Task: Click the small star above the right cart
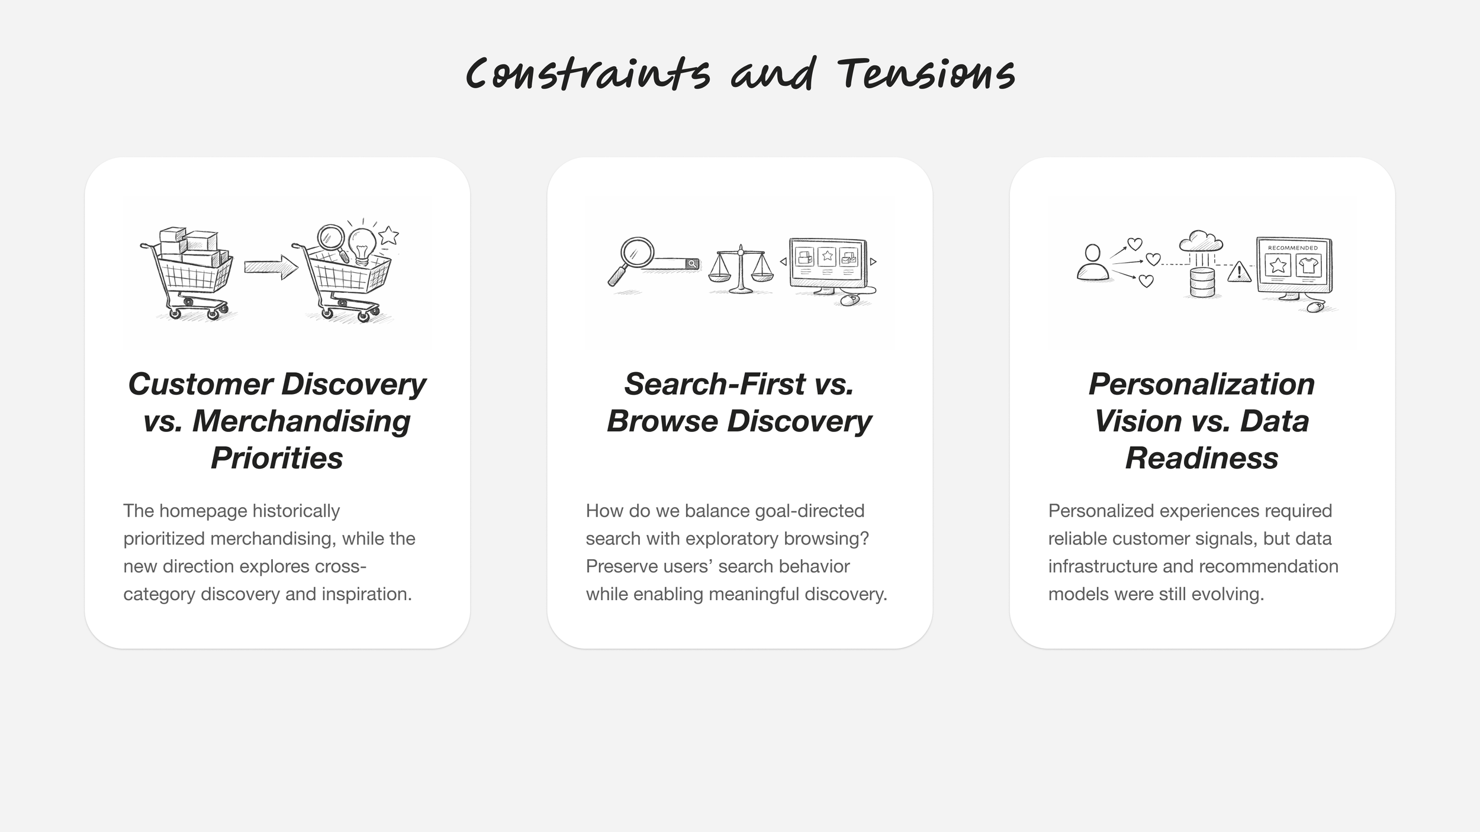click(388, 236)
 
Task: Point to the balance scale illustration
click(741, 269)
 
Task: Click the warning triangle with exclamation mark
click(1239, 272)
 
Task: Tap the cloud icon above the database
click(1201, 241)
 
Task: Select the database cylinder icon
click(1202, 282)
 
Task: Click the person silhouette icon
click(1092, 263)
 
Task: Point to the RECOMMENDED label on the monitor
click(1293, 247)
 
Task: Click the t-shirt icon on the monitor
click(1308, 265)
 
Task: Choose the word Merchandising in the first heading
click(301, 421)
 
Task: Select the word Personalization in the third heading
click(1202, 384)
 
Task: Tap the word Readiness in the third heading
click(1202, 458)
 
